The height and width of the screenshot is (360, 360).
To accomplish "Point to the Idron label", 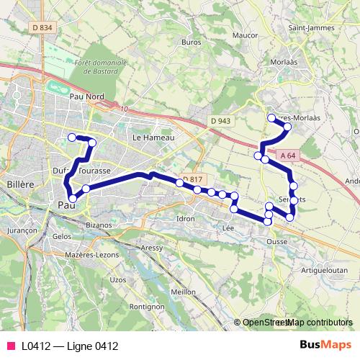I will [x=186, y=217].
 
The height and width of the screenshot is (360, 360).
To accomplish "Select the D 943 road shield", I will [x=220, y=121].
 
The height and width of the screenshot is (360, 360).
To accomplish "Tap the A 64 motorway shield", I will [x=288, y=156].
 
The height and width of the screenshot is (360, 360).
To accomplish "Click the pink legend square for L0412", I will [x=10, y=346].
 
